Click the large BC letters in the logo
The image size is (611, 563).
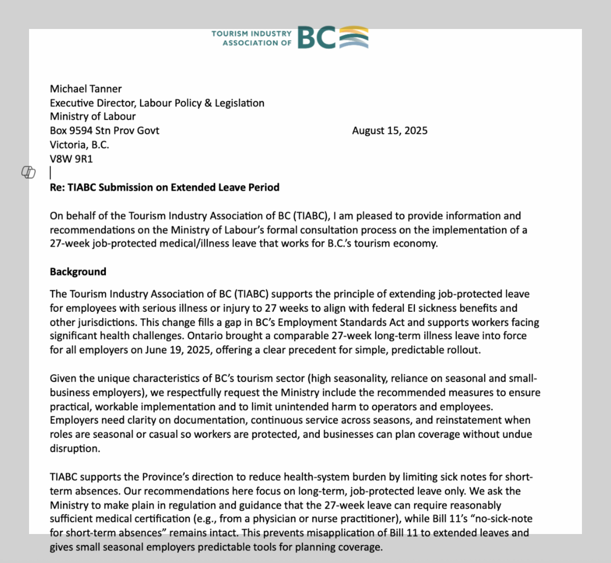tap(316, 38)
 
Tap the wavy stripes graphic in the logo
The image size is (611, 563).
tap(353, 38)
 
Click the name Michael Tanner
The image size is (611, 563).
tap(86, 89)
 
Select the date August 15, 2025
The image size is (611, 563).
tap(390, 131)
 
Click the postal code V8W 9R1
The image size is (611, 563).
tap(71, 159)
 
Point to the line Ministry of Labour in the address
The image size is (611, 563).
tap(93, 116)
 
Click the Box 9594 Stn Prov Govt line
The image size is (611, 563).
tap(104, 131)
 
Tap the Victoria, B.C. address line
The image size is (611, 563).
tap(79, 145)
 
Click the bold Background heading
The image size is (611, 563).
tap(78, 272)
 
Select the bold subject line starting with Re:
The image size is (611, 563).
tap(164, 187)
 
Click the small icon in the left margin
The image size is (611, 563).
tap(29, 172)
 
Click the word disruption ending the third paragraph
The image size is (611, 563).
tap(74, 449)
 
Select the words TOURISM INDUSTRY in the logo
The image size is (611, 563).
tap(252, 34)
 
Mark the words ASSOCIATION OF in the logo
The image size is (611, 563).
tap(257, 43)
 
